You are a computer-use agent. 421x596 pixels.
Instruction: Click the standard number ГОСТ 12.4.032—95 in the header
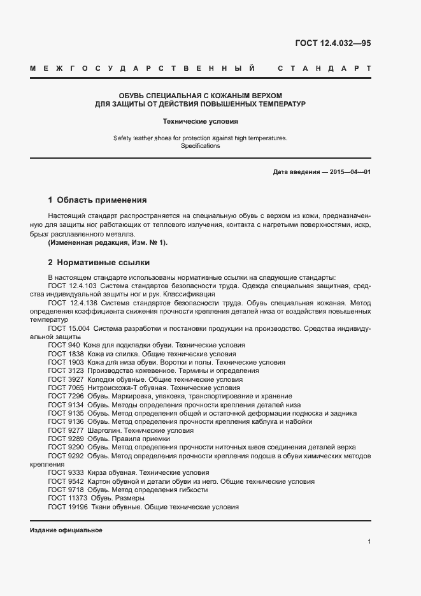pos(332,43)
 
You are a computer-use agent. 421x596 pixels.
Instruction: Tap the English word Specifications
pos(200,146)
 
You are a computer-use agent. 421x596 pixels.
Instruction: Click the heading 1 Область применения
pos(97,200)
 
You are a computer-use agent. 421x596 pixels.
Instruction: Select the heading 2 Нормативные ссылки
pos(99,262)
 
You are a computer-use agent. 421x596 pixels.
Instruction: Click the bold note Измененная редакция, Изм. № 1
pos(108,243)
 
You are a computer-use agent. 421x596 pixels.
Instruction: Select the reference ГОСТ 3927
pos(66,379)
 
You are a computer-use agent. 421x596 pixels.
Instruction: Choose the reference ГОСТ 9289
pos(66,439)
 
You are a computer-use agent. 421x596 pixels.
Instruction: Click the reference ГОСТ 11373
pos(68,498)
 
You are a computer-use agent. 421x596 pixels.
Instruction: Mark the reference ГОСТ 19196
pos(68,507)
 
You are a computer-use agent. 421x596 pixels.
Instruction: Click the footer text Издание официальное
pos(66,530)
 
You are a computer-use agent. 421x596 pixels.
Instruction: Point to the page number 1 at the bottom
pos(369,542)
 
